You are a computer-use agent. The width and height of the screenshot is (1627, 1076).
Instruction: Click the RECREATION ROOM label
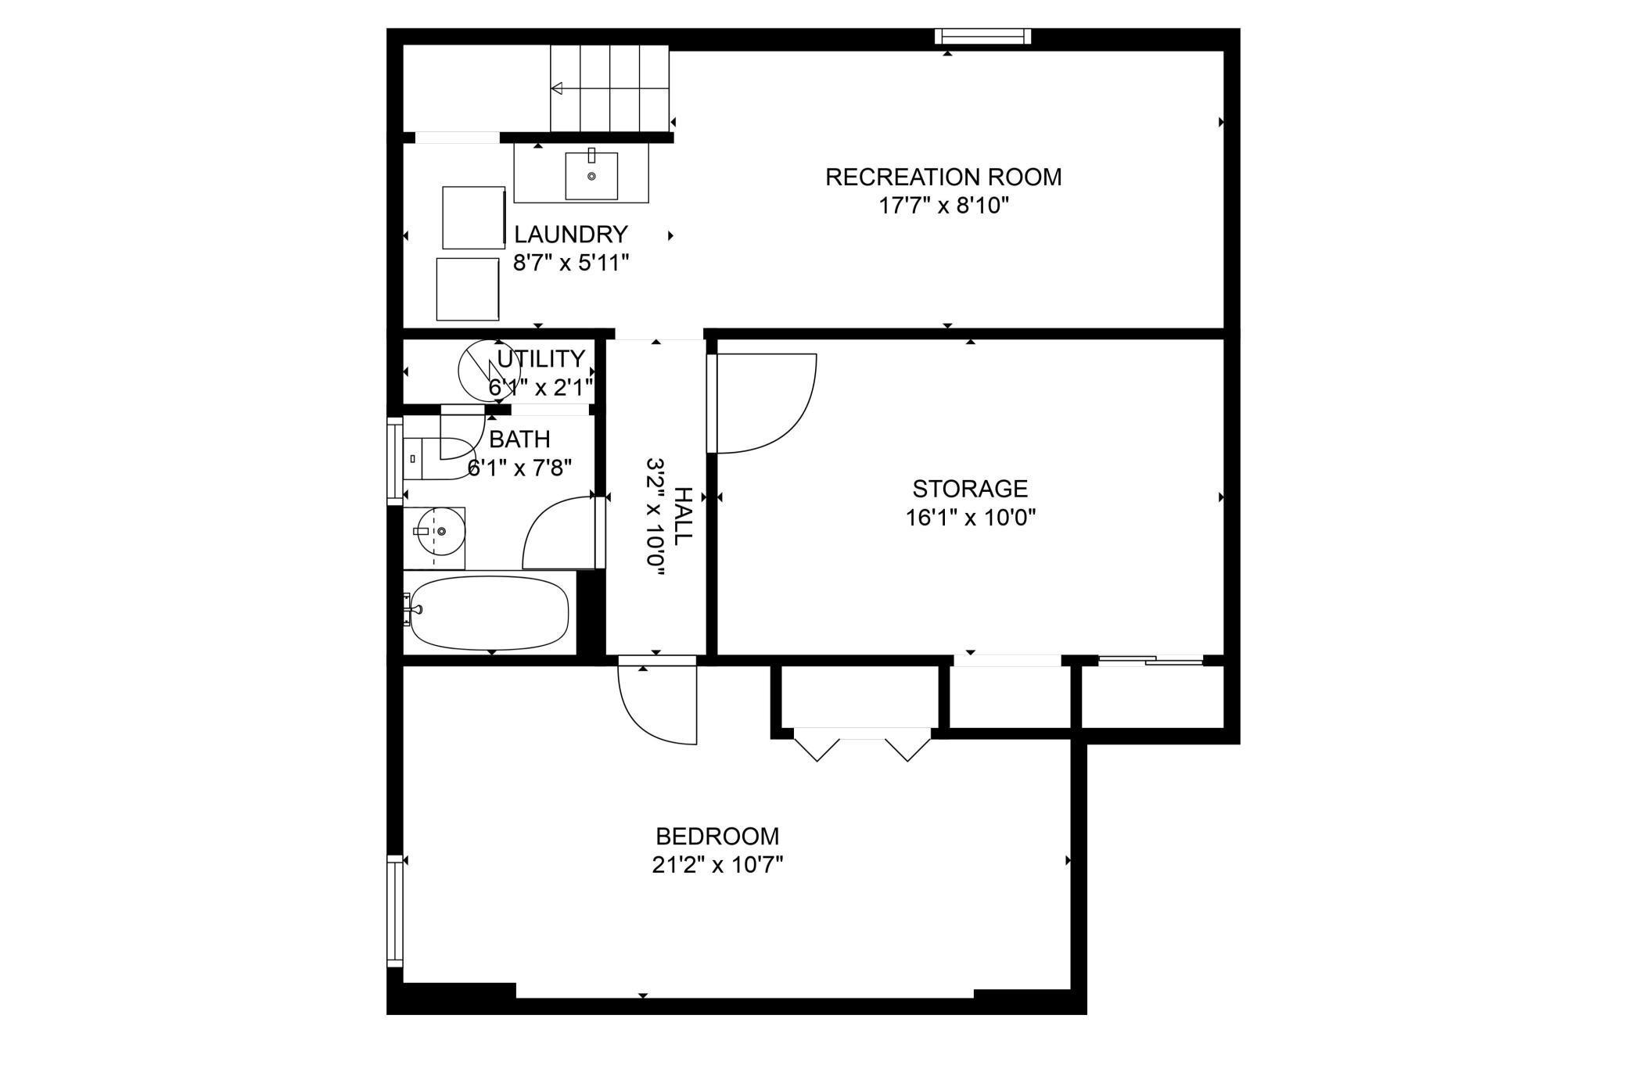(x=943, y=177)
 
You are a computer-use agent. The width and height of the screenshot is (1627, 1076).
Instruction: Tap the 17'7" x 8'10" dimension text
(x=943, y=206)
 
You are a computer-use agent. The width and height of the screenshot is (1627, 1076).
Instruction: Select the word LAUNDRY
(x=571, y=235)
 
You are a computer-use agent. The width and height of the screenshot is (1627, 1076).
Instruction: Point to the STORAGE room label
(x=970, y=489)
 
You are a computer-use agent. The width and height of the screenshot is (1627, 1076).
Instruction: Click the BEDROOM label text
(x=717, y=837)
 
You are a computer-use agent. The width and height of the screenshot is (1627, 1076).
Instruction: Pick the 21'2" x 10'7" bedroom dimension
(x=717, y=866)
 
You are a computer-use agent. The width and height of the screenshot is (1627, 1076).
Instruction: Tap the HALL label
(x=683, y=516)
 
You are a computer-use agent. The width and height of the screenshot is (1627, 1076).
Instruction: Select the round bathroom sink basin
(x=441, y=531)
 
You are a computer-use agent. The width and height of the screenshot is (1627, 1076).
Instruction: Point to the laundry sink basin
(x=591, y=176)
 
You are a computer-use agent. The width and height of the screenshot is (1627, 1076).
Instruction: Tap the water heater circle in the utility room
(x=489, y=371)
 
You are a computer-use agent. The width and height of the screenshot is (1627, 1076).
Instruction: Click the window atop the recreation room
(x=983, y=37)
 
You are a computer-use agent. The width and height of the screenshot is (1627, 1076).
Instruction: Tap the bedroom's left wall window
(x=395, y=911)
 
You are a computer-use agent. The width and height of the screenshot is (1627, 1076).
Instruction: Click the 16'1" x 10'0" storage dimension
(x=971, y=518)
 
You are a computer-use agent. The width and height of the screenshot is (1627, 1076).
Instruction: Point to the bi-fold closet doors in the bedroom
(x=863, y=744)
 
